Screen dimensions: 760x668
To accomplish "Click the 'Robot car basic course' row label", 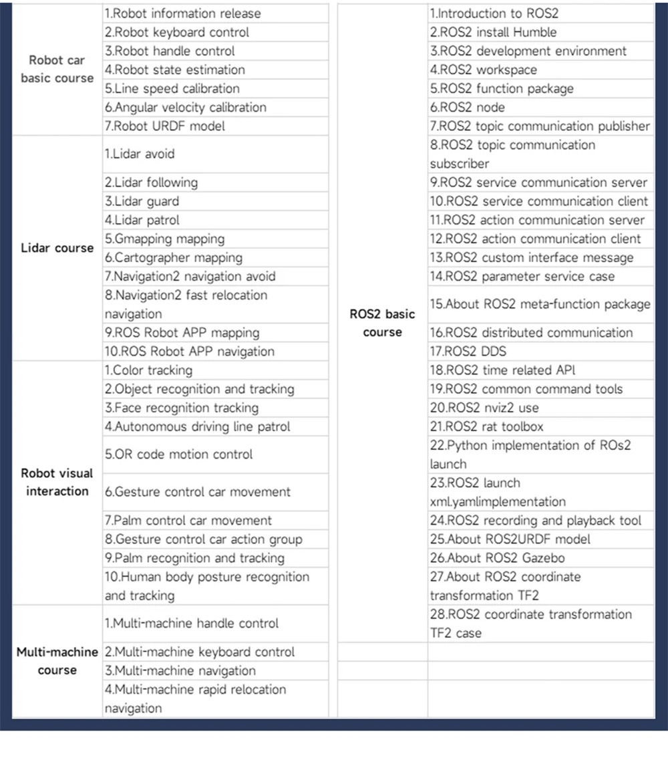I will point(57,69).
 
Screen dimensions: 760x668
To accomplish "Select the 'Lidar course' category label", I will point(57,248).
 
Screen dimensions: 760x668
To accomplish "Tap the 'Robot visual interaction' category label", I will point(57,482).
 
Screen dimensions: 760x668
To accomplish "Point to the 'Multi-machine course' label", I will point(57,660).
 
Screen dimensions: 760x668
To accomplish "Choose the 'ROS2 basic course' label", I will point(382,323).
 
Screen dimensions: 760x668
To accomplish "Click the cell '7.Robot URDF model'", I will point(164,126).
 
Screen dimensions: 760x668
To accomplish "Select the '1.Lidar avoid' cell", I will point(139,154).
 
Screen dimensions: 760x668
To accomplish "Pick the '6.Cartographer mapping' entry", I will point(173,257).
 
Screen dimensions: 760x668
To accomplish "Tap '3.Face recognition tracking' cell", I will point(181,408).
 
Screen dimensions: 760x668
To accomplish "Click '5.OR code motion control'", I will point(178,454).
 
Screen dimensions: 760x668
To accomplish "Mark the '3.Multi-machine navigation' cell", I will point(180,670).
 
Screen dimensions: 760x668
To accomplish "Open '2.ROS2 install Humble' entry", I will point(492,32).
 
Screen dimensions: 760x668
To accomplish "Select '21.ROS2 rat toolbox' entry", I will point(486,426).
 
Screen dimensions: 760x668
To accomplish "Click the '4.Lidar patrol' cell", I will point(142,220).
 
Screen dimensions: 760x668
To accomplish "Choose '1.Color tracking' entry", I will point(148,370).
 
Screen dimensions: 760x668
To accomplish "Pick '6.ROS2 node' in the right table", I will point(467,107).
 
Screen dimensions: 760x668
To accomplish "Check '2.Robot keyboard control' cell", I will point(176,32).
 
